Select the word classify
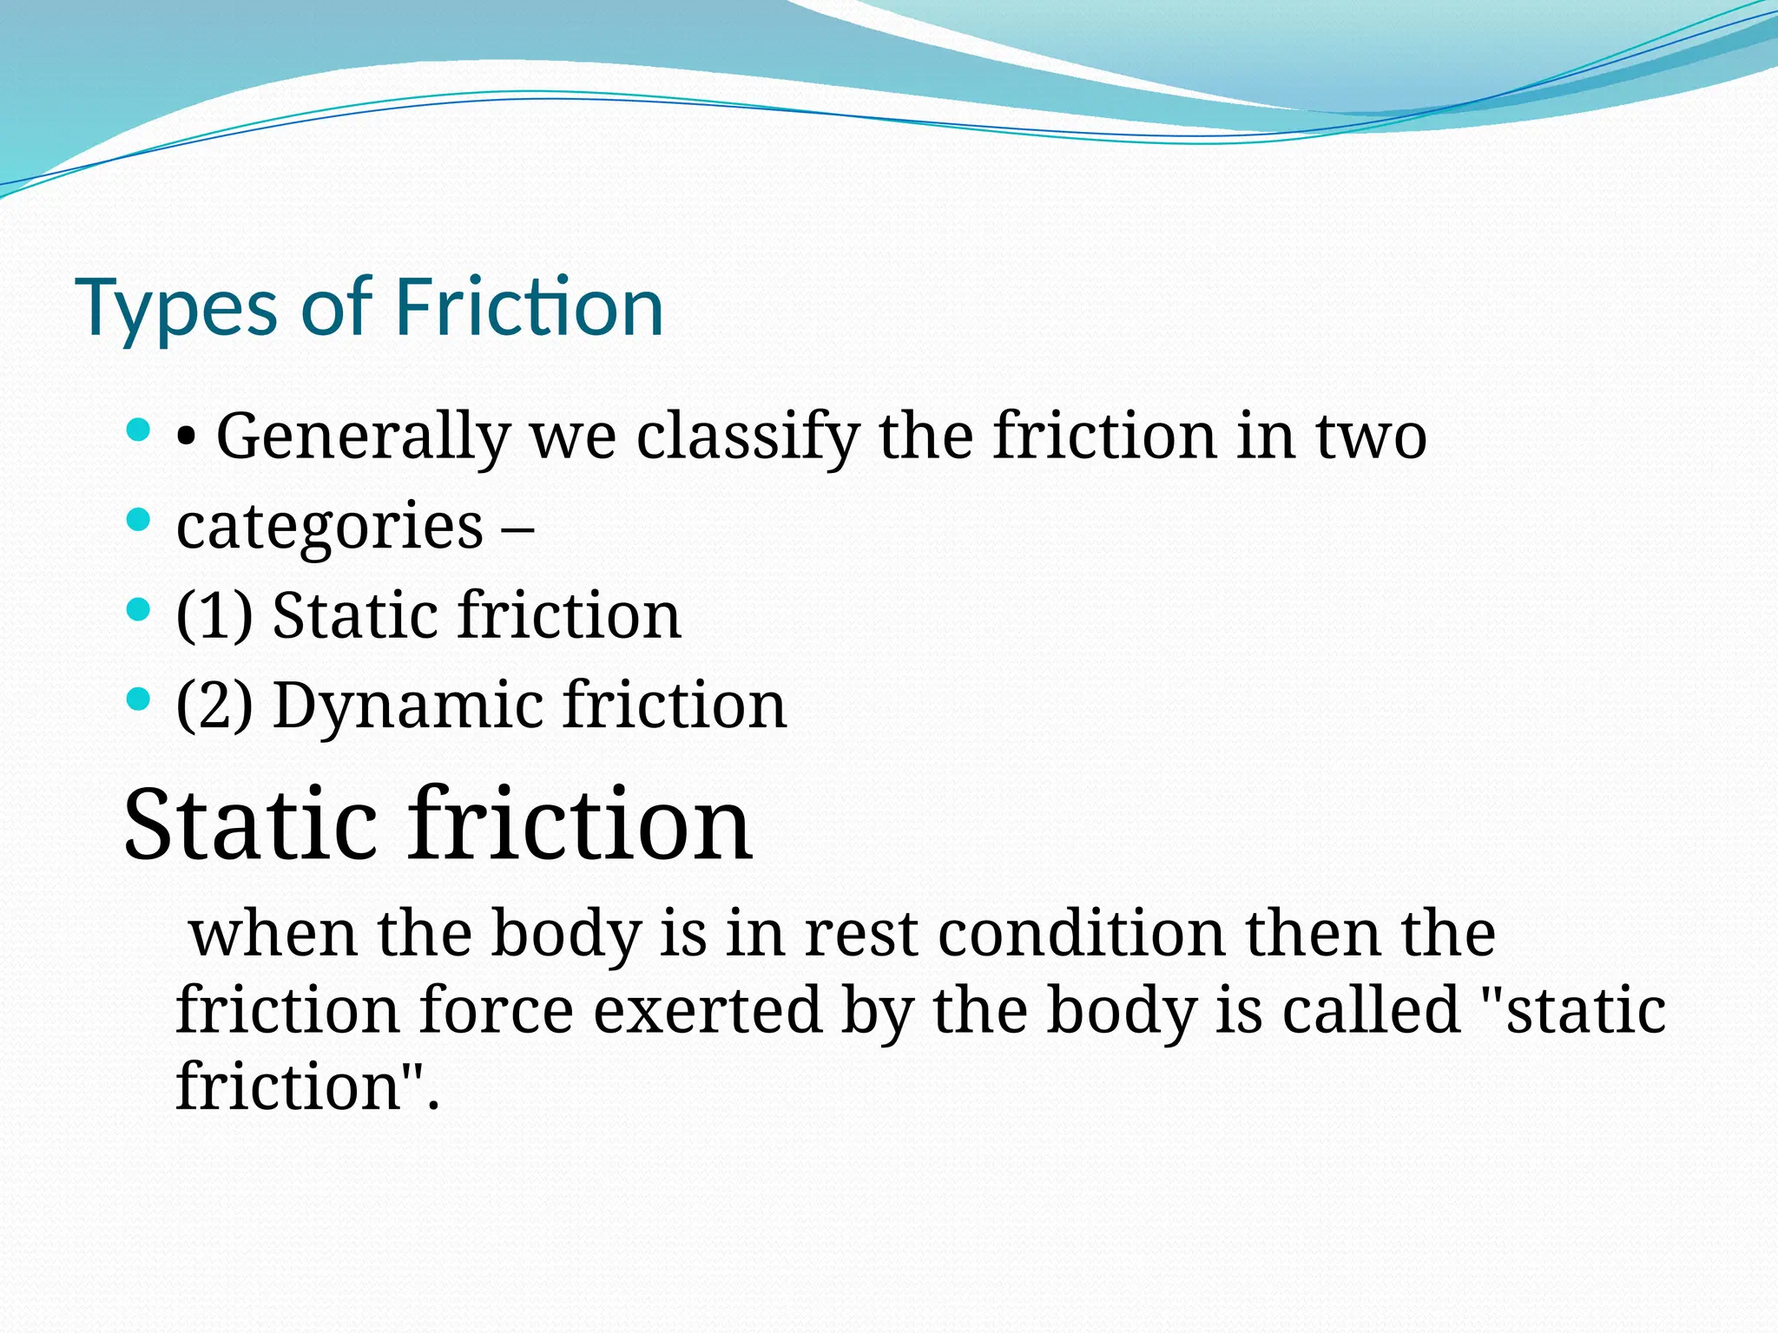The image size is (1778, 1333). pyautogui.click(x=747, y=436)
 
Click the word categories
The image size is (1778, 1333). pyautogui.click(x=329, y=527)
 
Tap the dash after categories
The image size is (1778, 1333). pyautogui.click(x=517, y=527)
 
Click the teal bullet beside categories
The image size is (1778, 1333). pyautogui.click(x=138, y=520)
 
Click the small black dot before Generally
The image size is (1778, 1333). pyautogui.click(x=185, y=439)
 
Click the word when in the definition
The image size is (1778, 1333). pyautogui.click(x=273, y=934)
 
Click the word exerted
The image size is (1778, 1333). pyautogui.click(x=707, y=1010)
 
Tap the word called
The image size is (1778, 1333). pyautogui.click(x=1371, y=1010)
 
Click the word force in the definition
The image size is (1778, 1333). pyautogui.click(x=496, y=1010)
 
